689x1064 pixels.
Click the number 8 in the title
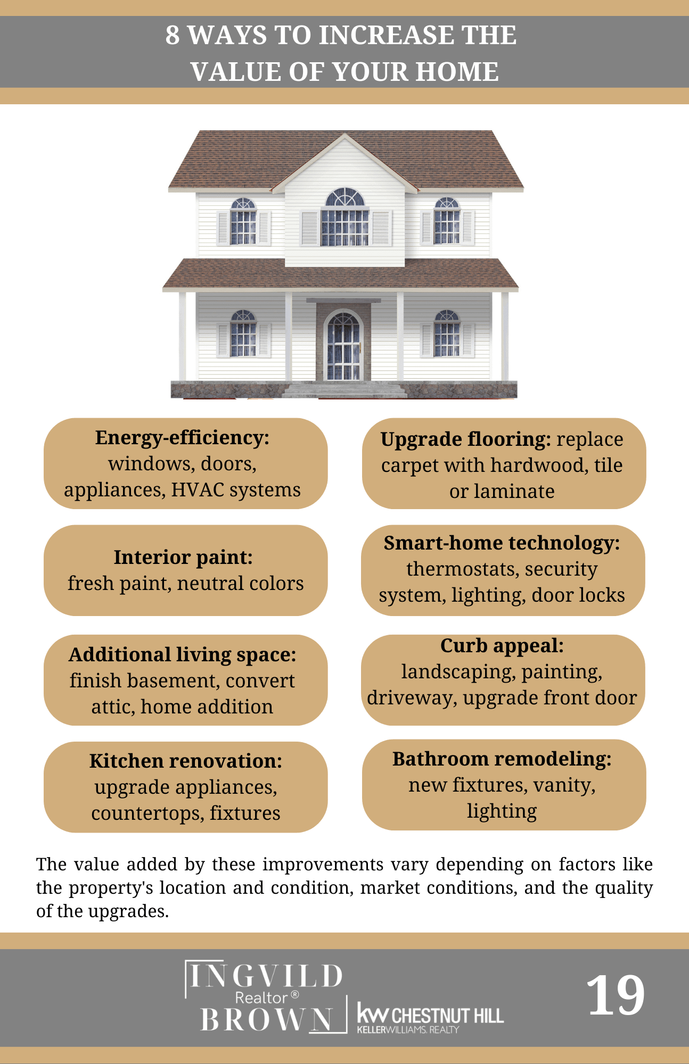(x=172, y=36)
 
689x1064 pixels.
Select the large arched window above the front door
(x=345, y=217)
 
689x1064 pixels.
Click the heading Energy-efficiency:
(x=182, y=438)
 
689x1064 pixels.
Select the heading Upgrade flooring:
(x=465, y=439)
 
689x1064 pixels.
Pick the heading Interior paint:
(x=183, y=558)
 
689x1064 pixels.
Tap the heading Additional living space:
(x=182, y=655)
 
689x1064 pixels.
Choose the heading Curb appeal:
(x=502, y=646)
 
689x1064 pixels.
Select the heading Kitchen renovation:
(x=185, y=761)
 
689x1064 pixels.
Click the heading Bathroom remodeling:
(x=502, y=759)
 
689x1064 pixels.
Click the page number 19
(x=616, y=995)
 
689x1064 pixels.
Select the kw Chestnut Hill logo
(x=430, y=1018)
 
